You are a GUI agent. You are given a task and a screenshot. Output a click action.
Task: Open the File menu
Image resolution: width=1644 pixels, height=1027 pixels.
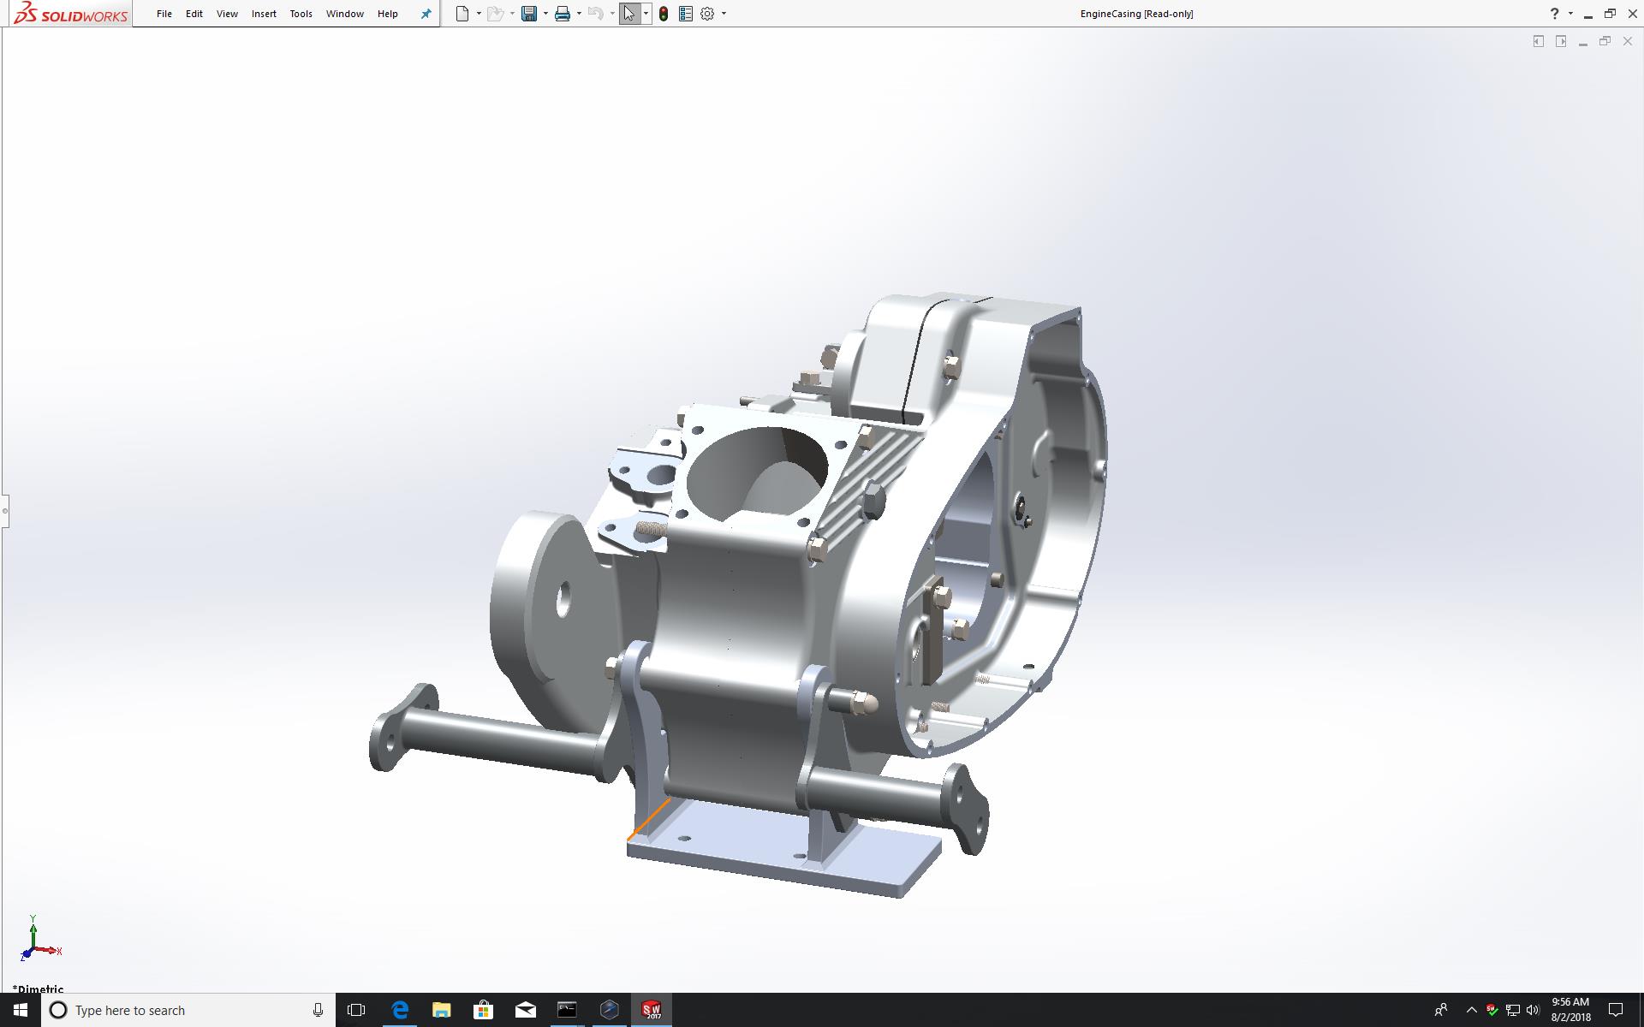point(164,14)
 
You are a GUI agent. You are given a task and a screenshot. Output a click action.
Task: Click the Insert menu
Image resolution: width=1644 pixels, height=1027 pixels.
point(264,14)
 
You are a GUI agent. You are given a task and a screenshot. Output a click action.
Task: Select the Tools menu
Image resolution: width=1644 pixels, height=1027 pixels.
point(301,14)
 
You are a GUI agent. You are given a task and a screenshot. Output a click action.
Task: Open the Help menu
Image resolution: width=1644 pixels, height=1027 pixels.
point(387,14)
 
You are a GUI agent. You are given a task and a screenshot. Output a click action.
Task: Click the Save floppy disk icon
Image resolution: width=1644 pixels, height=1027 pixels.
point(529,14)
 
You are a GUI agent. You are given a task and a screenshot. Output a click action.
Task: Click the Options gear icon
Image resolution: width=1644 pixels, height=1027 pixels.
point(707,14)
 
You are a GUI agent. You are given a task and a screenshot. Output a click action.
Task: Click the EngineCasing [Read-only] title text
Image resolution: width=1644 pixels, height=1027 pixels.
point(1136,14)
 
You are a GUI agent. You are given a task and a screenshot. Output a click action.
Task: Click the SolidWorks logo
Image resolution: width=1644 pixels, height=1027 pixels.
point(71,14)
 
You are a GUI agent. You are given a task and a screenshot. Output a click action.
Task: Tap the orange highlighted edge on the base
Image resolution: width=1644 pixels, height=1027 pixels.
point(649,820)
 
